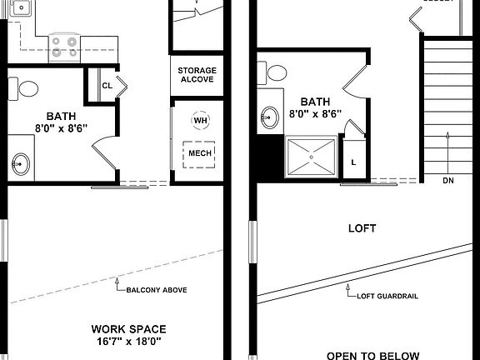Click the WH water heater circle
[200, 121]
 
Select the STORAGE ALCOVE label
[197, 75]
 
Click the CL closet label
[107, 86]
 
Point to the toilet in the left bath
[27, 87]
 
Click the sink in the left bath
[19, 163]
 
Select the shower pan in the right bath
[312, 157]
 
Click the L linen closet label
[353, 162]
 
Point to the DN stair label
[448, 180]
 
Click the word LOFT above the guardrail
[362, 227]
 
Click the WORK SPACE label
[128, 328]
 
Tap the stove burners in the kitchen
[64, 46]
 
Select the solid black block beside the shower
[268, 157]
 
